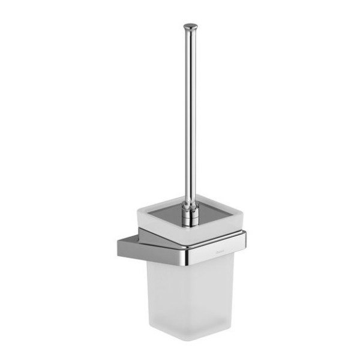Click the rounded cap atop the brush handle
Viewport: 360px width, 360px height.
pos(190,26)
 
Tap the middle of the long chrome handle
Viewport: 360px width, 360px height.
pos(190,114)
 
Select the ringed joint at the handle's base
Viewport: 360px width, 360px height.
pos(190,211)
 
